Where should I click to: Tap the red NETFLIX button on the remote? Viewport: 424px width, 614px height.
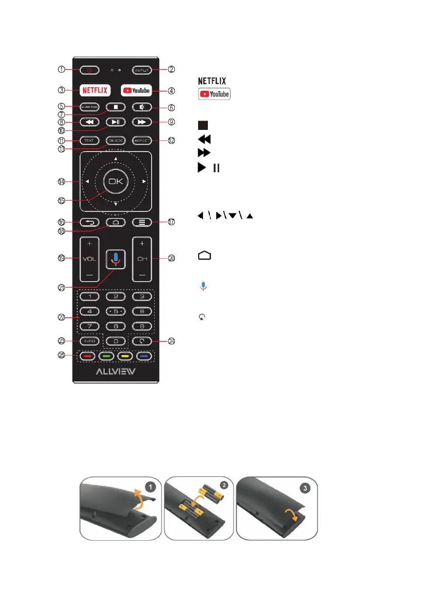[x=95, y=90]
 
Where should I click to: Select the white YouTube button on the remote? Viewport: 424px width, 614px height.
[x=137, y=90]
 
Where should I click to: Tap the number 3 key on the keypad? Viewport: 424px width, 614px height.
[x=141, y=296]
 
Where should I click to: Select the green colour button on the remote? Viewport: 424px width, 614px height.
[x=107, y=356]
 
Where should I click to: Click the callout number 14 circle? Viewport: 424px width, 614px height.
[x=61, y=181]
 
